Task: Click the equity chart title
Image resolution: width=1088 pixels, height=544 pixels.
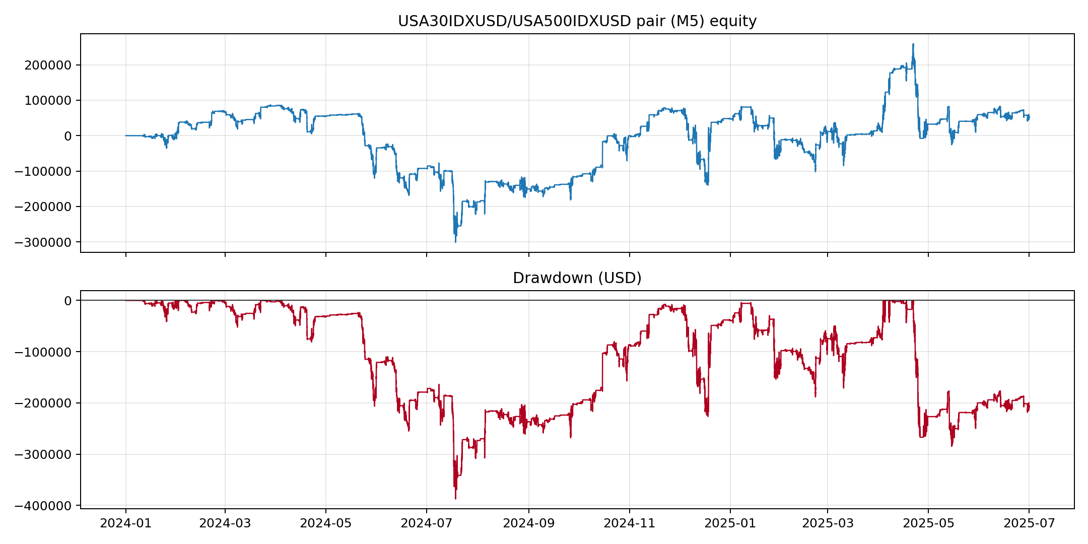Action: (x=577, y=21)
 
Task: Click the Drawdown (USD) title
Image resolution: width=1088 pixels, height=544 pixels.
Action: (x=577, y=278)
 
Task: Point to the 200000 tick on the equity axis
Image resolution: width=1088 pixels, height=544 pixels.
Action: (x=48, y=65)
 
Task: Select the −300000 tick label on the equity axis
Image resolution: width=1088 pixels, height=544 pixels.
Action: (x=44, y=242)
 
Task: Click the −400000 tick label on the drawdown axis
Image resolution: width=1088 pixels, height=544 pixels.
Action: (x=44, y=506)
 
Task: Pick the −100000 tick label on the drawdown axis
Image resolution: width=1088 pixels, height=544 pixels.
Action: (x=44, y=352)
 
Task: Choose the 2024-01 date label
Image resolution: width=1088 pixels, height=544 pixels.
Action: (x=126, y=523)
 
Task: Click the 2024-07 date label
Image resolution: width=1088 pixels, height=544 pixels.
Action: (x=427, y=523)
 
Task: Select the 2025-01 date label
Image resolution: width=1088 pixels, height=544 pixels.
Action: (x=730, y=523)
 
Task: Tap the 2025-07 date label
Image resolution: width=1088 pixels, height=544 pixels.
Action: (x=1029, y=523)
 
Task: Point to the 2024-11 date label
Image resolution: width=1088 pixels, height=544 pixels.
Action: (x=629, y=523)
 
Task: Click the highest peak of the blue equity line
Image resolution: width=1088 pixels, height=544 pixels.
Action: (x=913, y=44)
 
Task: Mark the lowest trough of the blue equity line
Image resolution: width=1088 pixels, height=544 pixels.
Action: (x=455, y=242)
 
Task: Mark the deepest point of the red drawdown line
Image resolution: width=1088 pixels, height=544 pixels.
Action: (x=455, y=499)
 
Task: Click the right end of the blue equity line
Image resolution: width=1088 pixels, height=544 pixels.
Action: (x=1029, y=117)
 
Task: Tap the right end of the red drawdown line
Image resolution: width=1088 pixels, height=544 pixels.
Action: (x=1029, y=406)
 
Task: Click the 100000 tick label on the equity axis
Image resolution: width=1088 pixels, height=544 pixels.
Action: (x=48, y=100)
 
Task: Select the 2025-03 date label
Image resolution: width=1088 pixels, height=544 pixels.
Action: (x=828, y=523)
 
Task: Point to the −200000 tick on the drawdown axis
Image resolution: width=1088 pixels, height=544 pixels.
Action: (x=44, y=403)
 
